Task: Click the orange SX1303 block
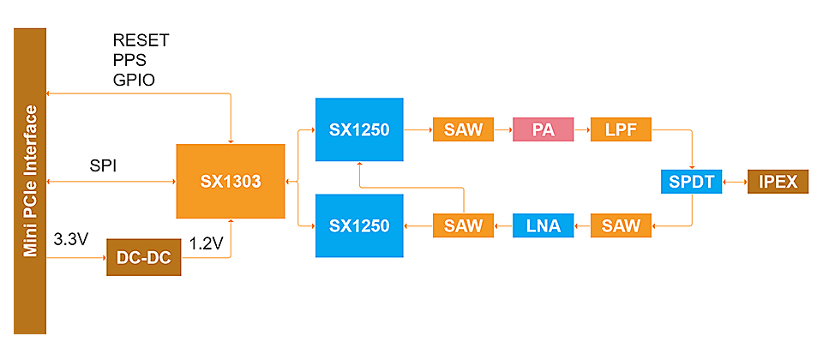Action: pos(230,181)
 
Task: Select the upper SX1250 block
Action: pos(359,130)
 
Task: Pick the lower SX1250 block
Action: pos(359,225)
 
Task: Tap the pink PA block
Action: pos(542,130)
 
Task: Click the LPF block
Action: pos(621,130)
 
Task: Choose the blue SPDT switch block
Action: pos(692,182)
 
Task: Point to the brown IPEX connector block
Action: pos(778,182)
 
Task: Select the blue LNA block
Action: pos(542,225)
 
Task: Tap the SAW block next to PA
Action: pos(464,130)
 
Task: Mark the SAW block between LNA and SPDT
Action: pos(621,225)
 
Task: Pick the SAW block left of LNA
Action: pos(464,225)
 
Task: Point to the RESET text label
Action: pos(141,40)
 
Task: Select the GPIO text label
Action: pos(134,80)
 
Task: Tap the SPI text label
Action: pos(103,165)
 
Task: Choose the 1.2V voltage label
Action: pos(206,243)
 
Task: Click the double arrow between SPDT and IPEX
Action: pos(735,182)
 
